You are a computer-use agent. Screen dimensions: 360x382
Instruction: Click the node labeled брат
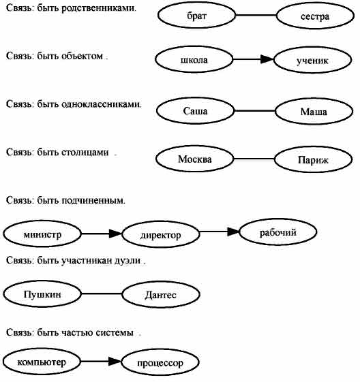coord(196,15)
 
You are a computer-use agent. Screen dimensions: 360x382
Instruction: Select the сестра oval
coord(315,16)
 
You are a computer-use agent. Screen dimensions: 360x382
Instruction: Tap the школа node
coord(194,59)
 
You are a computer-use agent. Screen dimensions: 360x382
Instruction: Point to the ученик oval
coord(313,60)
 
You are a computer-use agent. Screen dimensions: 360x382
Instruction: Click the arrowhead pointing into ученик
coord(267,59)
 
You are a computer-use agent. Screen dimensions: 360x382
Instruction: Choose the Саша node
coord(195,110)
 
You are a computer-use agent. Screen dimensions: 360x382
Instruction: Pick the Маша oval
coord(314,111)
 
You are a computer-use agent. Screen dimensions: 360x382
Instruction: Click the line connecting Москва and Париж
coord(254,159)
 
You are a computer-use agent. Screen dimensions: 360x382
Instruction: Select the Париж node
coord(314,159)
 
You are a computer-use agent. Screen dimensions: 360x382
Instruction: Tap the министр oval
coord(42,234)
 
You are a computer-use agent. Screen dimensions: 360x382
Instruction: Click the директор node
coord(161,234)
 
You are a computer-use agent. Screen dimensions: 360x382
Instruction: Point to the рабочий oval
coord(278,232)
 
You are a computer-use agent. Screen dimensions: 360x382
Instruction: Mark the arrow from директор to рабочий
coord(220,232)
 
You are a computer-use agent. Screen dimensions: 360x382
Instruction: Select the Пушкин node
coord(42,293)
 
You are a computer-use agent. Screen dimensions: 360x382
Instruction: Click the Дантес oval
coord(161,294)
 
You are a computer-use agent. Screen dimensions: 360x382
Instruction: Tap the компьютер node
coord(42,362)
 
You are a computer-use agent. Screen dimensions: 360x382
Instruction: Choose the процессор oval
coord(160,362)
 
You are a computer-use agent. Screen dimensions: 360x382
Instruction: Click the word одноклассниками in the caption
coord(101,104)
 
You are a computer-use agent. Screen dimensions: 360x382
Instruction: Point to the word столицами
coord(85,153)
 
